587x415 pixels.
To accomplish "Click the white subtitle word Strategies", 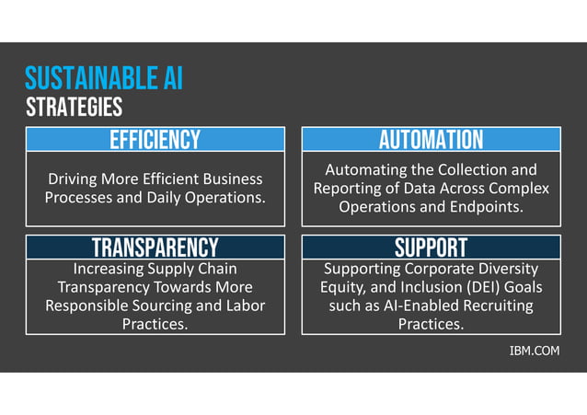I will pyautogui.click(x=75, y=108).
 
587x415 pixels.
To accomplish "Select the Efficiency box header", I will pyautogui.click(x=155, y=140).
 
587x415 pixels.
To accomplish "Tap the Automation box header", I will pyautogui.click(x=431, y=140).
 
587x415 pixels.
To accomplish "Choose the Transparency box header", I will pyautogui.click(x=155, y=248).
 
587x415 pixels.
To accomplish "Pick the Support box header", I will pyautogui.click(x=431, y=248).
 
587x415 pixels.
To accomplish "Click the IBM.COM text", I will pyautogui.click(x=534, y=351).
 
